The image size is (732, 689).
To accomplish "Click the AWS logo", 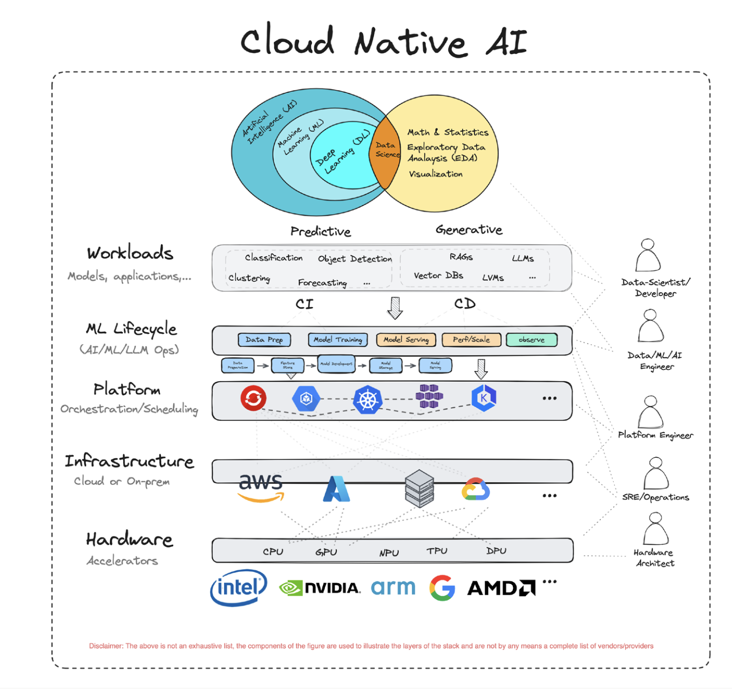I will pos(261,488).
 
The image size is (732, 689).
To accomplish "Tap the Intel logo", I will pos(239,587).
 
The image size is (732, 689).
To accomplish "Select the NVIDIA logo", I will pos(320,587).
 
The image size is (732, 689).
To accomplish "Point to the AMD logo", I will pos(501,587).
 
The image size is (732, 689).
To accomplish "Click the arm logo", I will pos(393,587).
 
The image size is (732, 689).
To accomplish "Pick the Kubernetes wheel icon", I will pos(368,400).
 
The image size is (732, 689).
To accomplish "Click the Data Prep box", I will pos(264,340).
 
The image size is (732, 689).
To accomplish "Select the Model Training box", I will pos(338,340).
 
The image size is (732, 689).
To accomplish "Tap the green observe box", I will pos(532,340).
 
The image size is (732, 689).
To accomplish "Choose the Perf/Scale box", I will pos(471,340).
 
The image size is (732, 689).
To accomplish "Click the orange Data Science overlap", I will pos(385,151).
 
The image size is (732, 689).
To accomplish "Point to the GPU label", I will pos(326,552).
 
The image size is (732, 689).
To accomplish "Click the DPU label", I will pos(496,551).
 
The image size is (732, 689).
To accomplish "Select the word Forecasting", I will pos(322,282).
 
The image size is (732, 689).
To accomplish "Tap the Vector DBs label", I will pos(438,275).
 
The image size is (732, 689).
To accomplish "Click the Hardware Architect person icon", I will pos(655,529).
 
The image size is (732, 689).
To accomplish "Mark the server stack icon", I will pos(419,488).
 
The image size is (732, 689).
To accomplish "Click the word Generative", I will pos(469,229).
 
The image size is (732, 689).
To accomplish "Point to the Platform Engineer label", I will pos(655,435).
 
